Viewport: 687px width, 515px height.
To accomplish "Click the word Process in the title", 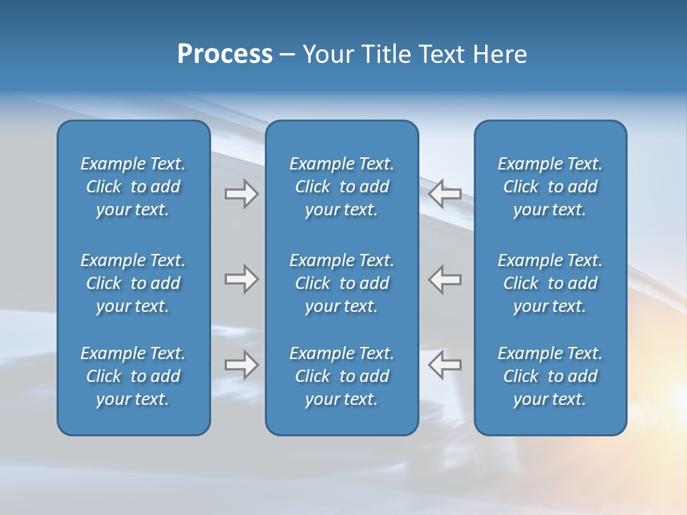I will (225, 54).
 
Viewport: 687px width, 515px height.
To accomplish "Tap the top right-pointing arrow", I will (241, 194).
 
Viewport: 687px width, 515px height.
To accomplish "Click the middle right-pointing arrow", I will (241, 279).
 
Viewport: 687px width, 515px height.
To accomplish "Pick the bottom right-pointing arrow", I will (241, 365).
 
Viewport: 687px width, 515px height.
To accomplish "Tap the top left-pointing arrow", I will (445, 194).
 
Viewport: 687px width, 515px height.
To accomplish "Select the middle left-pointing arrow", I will (445, 279).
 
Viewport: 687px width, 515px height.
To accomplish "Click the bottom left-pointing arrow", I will (445, 365).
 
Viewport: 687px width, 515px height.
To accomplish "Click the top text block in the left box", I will (133, 187).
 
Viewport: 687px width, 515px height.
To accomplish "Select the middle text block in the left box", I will (133, 283).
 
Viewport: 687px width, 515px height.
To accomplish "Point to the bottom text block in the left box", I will (133, 376).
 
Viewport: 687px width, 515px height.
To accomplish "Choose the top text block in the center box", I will (341, 187).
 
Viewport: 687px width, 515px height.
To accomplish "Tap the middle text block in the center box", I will (341, 283).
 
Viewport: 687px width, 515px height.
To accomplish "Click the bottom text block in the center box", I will (341, 376).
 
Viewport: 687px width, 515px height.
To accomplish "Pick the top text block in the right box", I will (550, 187).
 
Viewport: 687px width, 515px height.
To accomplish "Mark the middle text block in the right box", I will (550, 283).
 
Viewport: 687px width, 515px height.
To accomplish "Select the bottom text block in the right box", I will (550, 376).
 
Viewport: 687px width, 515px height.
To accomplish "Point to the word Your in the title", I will (326, 54).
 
